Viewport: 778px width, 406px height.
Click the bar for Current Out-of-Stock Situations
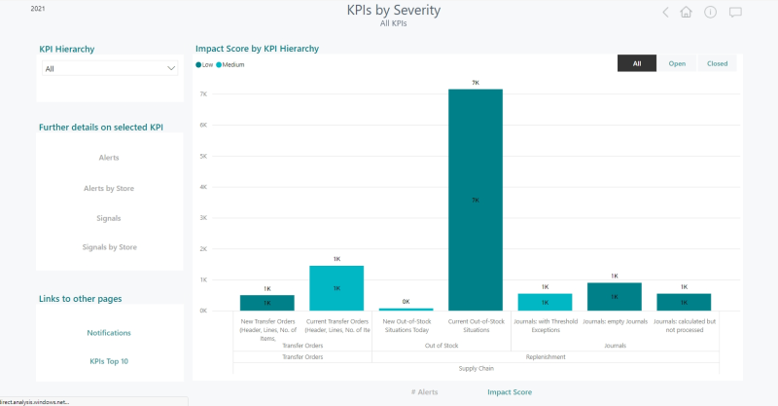[476, 200]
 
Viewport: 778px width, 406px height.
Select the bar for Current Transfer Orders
[336, 288]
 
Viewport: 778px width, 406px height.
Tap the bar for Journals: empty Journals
[615, 296]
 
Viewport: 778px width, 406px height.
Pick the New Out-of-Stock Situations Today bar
[406, 309]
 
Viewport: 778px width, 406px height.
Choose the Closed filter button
[718, 63]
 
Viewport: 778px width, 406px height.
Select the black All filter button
[637, 63]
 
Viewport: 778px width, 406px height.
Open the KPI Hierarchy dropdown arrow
[172, 68]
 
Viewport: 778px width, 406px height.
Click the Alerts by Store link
[109, 188]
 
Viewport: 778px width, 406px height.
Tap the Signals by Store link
[109, 247]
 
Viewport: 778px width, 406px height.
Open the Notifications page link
[109, 333]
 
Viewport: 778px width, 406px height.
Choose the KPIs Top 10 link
[109, 361]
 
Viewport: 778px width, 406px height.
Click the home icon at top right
[687, 13]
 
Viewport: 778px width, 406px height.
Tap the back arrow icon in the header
[665, 13]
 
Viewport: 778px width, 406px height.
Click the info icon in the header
[711, 13]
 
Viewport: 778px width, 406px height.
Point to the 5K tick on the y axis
[204, 156]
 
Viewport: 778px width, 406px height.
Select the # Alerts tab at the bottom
[424, 391]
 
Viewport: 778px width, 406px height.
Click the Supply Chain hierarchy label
[475, 369]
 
